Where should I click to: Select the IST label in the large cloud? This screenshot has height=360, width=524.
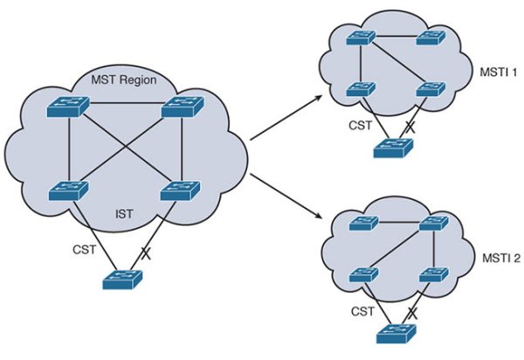pyautogui.click(x=126, y=211)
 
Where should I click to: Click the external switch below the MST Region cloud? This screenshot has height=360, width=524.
pyautogui.click(x=122, y=280)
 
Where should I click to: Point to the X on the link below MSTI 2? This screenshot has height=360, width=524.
pyautogui.click(x=411, y=311)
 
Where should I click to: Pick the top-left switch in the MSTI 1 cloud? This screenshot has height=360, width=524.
pyautogui.click(x=359, y=38)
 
